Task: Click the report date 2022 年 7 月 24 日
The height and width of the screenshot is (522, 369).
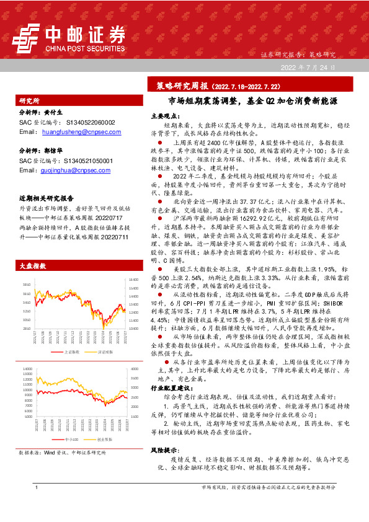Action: pos(309,67)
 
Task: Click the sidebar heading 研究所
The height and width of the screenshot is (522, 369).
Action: pos(29,100)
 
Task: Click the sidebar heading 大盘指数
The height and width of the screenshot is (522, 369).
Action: pos(32,265)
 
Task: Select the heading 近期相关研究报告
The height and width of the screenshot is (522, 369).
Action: pos(46,198)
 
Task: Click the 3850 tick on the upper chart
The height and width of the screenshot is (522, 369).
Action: pos(26,285)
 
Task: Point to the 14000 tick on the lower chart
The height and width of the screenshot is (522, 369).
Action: pos(27,368)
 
